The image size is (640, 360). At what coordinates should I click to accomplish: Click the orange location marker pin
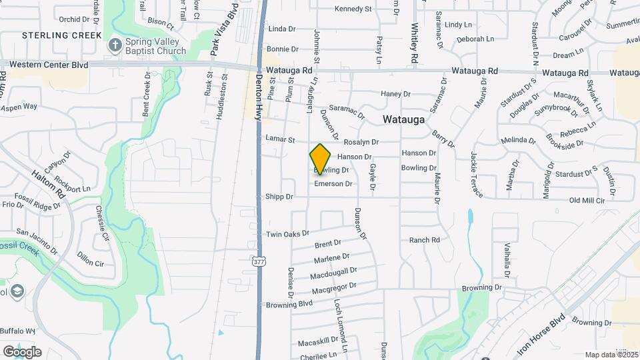321,159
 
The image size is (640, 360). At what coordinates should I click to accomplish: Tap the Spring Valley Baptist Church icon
115,45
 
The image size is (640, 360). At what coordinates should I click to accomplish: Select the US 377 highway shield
259,261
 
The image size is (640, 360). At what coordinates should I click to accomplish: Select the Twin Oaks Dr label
288,234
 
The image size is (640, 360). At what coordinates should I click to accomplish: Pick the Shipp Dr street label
279,197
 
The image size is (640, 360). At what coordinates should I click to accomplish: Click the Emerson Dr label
333,183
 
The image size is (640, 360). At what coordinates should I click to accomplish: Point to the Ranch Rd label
425,240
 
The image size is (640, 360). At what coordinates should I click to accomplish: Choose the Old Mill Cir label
587,200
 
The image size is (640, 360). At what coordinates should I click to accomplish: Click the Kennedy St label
353,9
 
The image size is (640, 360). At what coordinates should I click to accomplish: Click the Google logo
22,351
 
